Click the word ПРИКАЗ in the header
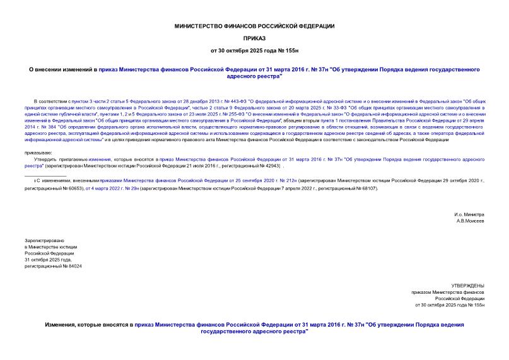click(x=254, y=37)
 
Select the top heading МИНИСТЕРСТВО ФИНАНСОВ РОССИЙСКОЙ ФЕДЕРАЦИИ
click(x=254, y=26)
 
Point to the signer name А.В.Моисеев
click(x=471, y=221)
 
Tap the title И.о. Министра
click(x=469, y=214)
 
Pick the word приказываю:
click(x=39, y=153)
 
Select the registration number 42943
click(x=270, y=167)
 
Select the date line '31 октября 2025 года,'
click(x=48, y=260)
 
